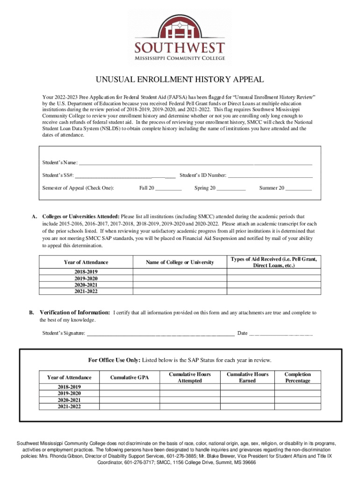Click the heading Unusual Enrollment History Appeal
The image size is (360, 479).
(180, 80)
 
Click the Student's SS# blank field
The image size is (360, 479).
(125, 175)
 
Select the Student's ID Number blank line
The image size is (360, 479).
(270, 175)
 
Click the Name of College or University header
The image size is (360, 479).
(180, 262)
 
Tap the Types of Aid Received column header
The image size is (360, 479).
(274, 262)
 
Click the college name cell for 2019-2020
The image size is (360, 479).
(180, 278)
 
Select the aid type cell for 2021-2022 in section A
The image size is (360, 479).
(274, 291)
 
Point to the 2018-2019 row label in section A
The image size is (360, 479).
(86, 271)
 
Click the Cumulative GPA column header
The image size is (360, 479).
(129, 377)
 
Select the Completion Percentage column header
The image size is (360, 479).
(297, 377)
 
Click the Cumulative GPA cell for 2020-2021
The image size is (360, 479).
(129, 400)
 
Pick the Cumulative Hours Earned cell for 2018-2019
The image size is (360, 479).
(247, 387)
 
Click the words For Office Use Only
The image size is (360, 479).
(114, 360)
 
